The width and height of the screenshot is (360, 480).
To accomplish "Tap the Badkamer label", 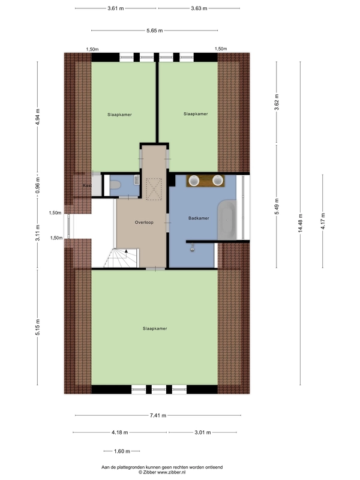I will (x=198, y=218).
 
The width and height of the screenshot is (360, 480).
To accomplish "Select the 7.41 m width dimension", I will (x=158, y=415).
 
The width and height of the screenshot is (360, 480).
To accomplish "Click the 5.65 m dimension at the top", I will (x=155, y=31).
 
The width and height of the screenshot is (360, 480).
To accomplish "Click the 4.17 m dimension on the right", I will (x=323, y=217).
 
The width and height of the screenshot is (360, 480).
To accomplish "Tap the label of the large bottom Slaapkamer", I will (x=155, y=329).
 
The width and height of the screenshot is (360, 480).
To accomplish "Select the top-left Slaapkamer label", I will (x=119, y=113).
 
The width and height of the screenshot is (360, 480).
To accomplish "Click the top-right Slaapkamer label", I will (x=196, y=113).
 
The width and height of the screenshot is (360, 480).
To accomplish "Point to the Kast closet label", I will (x=86, y=185).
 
